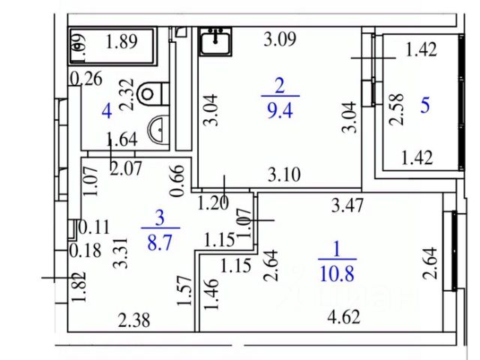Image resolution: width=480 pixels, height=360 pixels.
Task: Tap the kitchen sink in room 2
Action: click(x=217, y=42)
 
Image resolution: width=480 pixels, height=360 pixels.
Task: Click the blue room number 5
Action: click(x=424, y=105)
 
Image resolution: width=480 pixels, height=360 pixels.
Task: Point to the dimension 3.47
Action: click(x=347, y=202)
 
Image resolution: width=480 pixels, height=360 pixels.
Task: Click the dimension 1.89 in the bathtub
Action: click(x=121, y=42)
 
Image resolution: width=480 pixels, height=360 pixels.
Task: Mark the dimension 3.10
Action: click(x=286, y=175)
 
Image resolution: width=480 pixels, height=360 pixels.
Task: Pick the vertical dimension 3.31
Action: click(x=118, y=253)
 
